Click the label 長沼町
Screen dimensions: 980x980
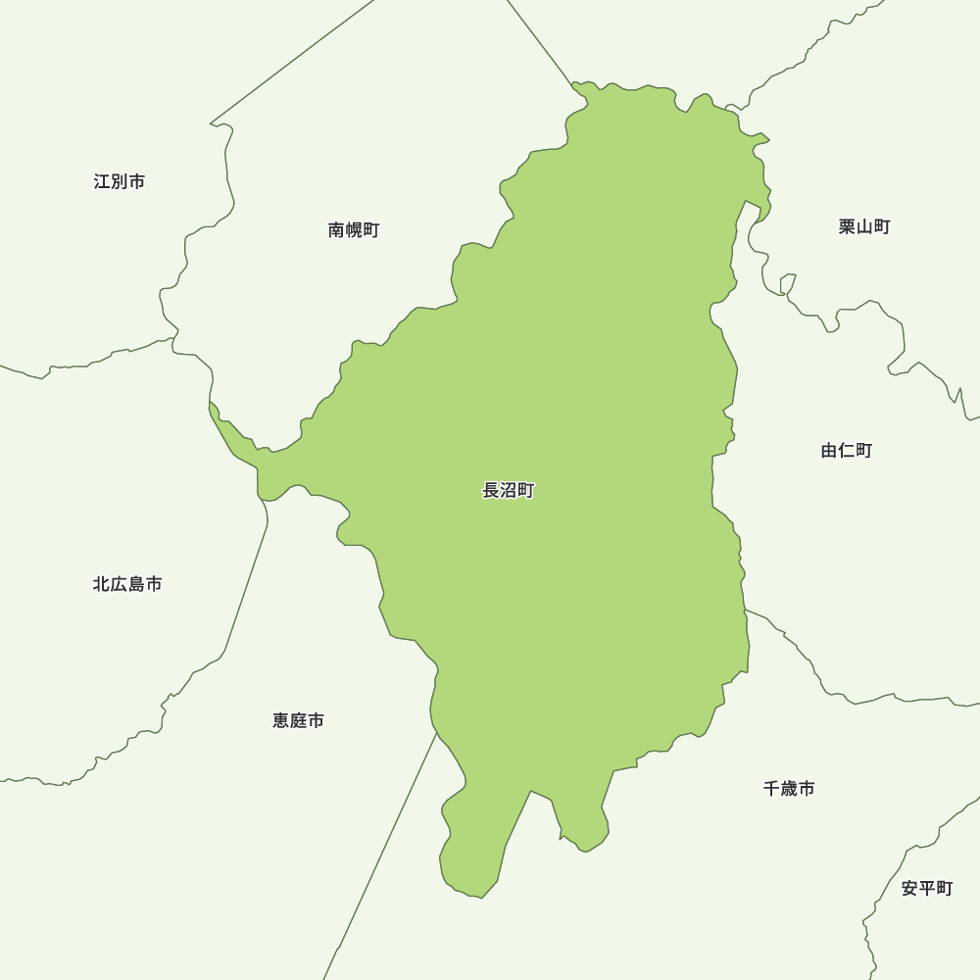click(x=509, y=491)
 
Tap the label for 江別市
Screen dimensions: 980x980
click(x=120, y=181)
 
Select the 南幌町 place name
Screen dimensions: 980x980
click(x=354, y=230)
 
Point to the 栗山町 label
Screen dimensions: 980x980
click(x=864, y=226)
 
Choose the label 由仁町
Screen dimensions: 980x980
click(x=847, y=451)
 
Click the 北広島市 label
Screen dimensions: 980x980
click(x=127, y=584)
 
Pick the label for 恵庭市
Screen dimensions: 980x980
click(x=298, y=721)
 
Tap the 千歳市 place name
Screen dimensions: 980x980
click(x=789, y=789)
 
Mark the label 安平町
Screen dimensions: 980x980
click(x=927, y=889)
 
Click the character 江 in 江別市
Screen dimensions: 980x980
click(x=103, y=181)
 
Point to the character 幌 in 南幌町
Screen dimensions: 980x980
click(x=354, y=230)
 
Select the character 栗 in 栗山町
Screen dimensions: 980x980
click(x=848, y=226)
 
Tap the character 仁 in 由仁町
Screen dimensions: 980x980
click(x=847, y=451)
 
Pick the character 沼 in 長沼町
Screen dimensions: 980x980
click(x=509, y=491)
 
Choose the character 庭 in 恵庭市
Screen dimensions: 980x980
click(x=298, y=721)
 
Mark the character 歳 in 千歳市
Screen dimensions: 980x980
click(x=789, y=789)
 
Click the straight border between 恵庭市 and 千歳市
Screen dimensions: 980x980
click(x=382, y=853)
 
